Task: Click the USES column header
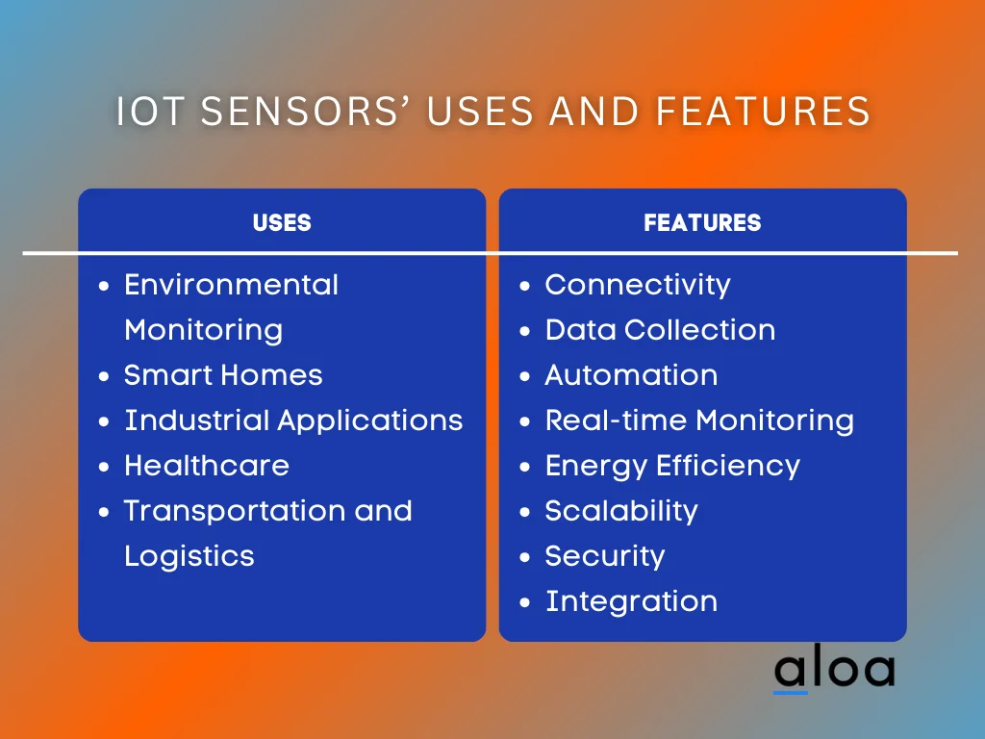(282, 222)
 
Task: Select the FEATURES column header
(702, 222)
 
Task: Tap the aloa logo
(834, 671)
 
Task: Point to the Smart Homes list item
(223, 375)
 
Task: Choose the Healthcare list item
(207, 466)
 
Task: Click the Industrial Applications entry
(293, 420)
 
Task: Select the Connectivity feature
(638, 285)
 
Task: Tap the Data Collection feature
(660, 330)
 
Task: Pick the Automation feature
(631, 375)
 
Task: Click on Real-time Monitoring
(699, 420)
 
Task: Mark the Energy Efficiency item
(672, 466)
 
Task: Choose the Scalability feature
(621, 511)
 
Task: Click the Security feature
(605, 556)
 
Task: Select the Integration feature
(631, 601)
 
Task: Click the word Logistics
(189, 556)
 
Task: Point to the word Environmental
(232, 285)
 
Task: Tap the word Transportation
(235, 511)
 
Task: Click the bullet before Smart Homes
(105, 376)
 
